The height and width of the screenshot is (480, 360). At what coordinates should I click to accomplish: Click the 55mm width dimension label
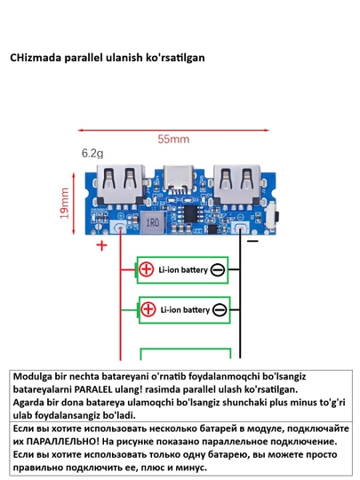[x=173, y=140]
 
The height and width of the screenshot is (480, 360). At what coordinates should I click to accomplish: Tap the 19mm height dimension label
[x=64, y=204]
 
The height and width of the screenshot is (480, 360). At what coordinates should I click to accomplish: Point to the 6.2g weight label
[x=92, y=153]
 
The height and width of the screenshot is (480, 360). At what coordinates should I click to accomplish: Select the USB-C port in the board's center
[x=179, y=178]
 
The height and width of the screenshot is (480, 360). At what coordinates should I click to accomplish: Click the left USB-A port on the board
[x=120, y=184]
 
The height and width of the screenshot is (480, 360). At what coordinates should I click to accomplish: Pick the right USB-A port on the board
[x=237, y=184]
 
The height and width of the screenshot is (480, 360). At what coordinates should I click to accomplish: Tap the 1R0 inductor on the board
[x=152, y=222]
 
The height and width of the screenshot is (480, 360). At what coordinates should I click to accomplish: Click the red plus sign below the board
[x=101, y=245]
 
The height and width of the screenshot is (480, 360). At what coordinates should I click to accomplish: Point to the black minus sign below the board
[x=252, y=241]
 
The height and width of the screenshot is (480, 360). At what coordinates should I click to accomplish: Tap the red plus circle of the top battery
[x=146, y=269]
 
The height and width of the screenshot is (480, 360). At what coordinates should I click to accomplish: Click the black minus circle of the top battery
[x=218, y=270]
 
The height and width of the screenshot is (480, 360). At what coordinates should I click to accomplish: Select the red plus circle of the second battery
[x=148, y=309]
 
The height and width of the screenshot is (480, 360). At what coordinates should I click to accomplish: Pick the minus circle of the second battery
[x=220, y=310]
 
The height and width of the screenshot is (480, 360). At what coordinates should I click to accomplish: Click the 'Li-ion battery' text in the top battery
[x=183, y=270]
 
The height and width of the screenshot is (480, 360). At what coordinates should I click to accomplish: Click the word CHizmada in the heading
[x=36, y=57]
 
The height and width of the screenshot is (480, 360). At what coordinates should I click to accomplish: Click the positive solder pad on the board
[x=119, y=228]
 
